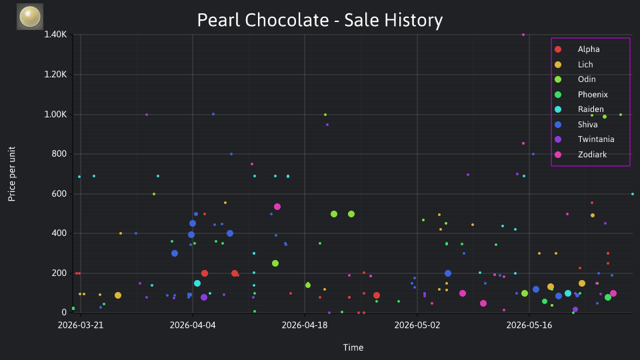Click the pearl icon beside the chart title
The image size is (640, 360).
[30, 17]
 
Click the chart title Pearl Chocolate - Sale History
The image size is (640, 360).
[319, 20]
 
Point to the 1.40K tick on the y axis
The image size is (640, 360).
[55, 34]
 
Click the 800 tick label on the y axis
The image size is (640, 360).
[59, 154]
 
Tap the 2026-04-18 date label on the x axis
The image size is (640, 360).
[305, 325]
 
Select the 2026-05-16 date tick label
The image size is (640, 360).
[529, 325]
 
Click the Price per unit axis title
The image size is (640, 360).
[12, 174]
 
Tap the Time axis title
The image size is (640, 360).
[353, 347]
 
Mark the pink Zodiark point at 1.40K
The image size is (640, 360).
[523, 35]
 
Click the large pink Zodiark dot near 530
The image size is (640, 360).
[277, 207]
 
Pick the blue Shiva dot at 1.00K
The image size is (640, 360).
[213, 114]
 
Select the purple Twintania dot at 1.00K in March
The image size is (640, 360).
[147, 115]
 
